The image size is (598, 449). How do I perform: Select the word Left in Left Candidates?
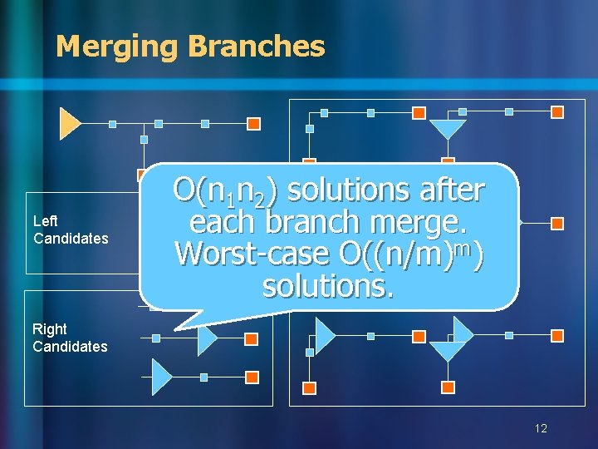(x=45, y=221)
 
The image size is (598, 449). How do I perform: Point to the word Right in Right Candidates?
(x=50, y=329)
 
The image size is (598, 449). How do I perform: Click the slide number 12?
(x=541, y=428)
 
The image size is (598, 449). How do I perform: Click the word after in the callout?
(x=451, y=190)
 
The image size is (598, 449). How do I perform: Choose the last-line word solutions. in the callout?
(x=327, y=286)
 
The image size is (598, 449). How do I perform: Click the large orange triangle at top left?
(x=69, y=123)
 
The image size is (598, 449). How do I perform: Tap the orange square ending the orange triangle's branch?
(x=254, y=124)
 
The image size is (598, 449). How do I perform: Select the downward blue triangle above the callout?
(x=448, y=128)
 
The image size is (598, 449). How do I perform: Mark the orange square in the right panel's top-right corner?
(x=557, y=112)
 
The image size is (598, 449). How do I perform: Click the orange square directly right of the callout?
(x=557, y=224)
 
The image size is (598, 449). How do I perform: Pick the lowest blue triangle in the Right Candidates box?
(x=161, y=377)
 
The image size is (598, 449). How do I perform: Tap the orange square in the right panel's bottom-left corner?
(x=309, y=387)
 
